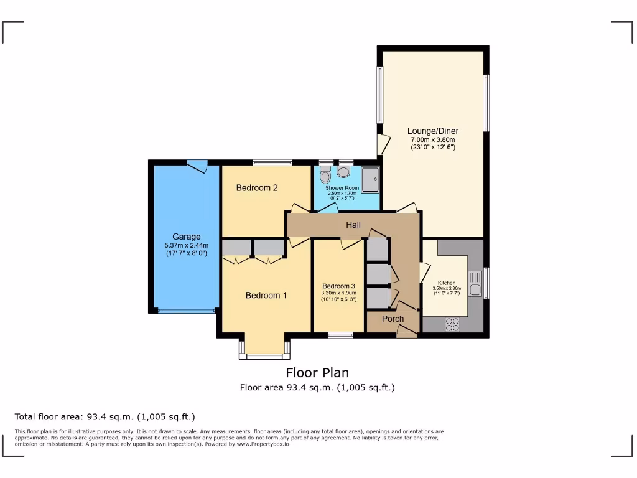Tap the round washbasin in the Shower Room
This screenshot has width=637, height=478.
pos(343,172)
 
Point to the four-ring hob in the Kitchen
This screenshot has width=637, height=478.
pos(452,324)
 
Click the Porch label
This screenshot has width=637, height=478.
pos(393,319)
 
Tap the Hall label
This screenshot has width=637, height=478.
pos(353,225)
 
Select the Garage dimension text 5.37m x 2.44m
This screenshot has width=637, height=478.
pos(186,245)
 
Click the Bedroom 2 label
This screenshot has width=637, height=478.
pos(257,188)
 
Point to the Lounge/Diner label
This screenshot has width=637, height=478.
pos(433,131)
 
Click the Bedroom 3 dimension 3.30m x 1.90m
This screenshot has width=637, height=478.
pos(338,293)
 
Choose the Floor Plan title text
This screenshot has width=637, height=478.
pos(317,373)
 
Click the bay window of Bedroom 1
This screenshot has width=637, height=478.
pos(264,356)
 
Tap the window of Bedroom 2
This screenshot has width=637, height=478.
pos(272,163)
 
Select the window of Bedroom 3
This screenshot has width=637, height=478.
pos(340,335)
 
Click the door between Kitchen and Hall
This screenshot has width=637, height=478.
pos(425,271)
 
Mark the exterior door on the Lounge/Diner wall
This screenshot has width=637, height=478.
pos(383,145)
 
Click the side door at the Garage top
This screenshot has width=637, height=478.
pos(197,165)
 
